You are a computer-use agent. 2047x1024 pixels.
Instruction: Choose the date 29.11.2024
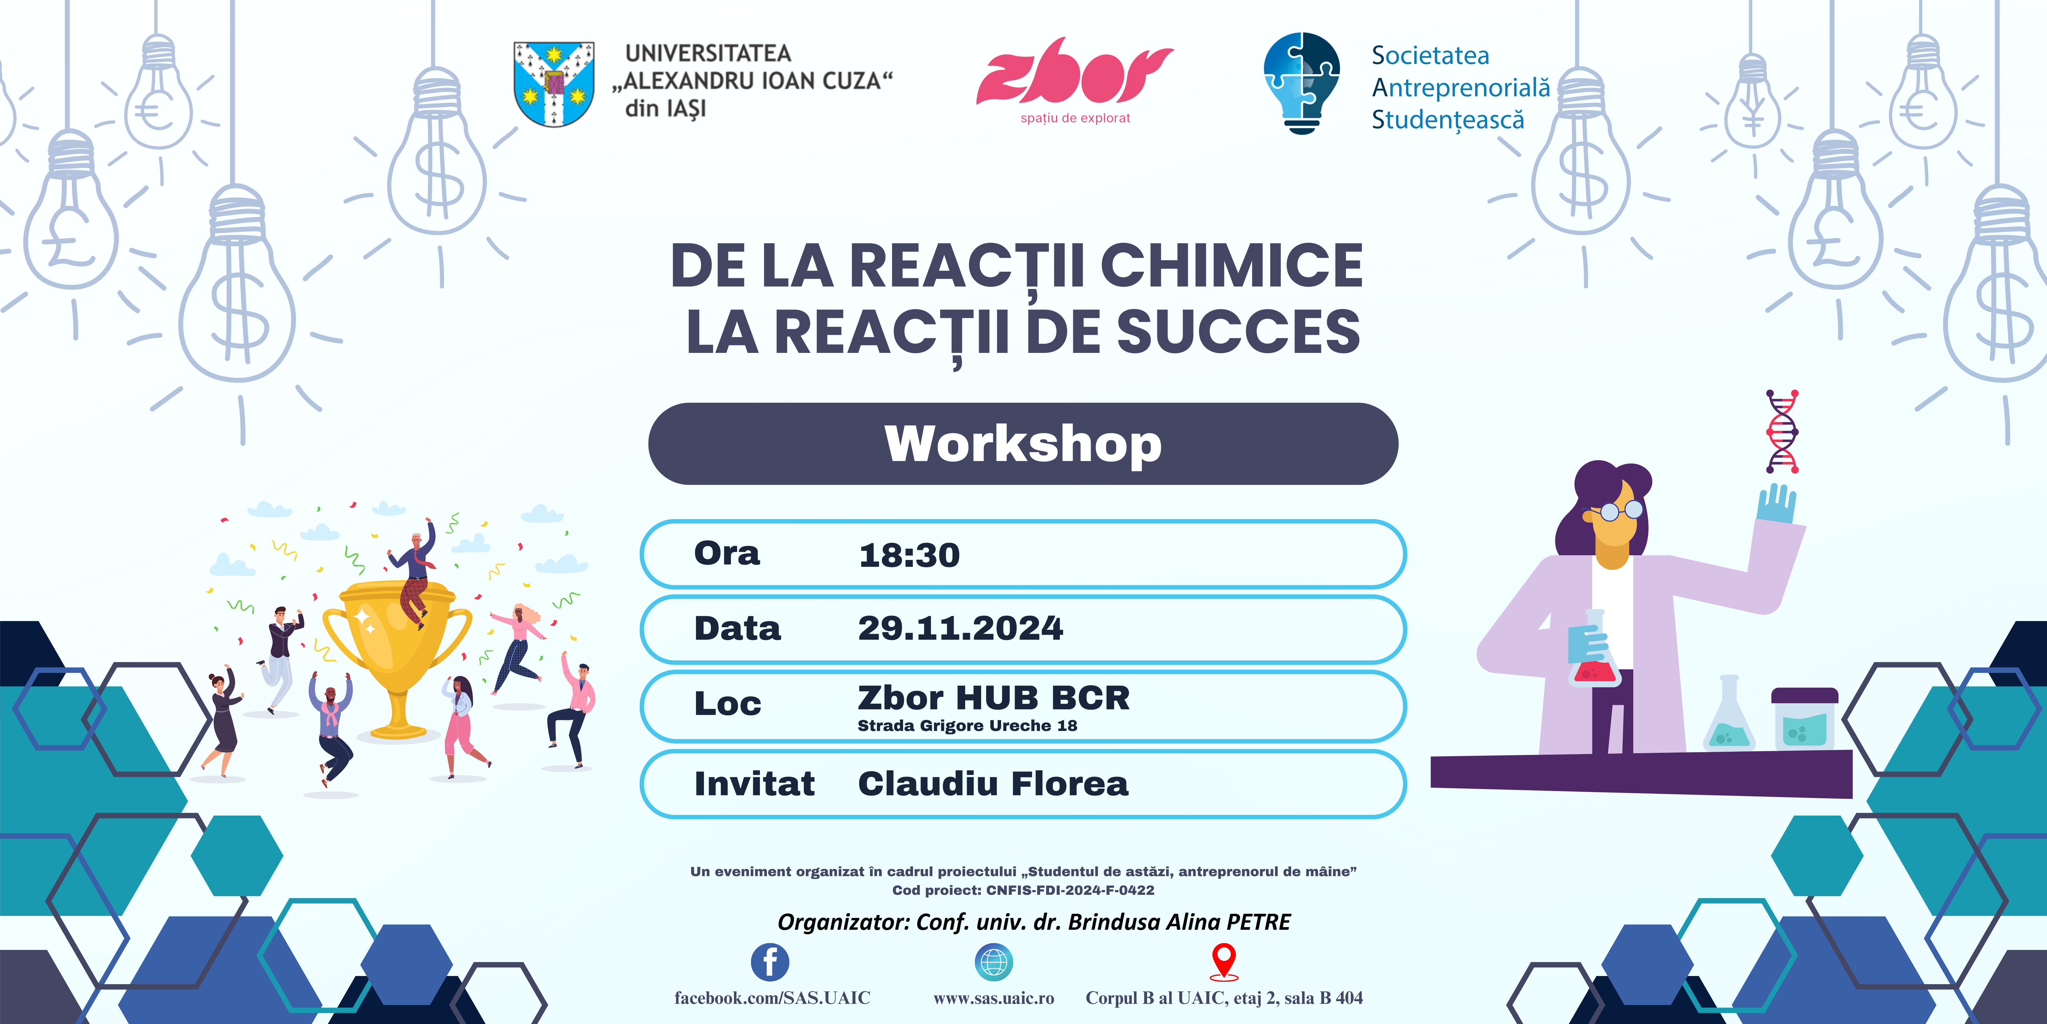coord(960,628)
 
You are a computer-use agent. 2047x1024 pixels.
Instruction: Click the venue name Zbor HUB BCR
coord(993,698)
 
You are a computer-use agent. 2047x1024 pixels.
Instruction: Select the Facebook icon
coord(770,962)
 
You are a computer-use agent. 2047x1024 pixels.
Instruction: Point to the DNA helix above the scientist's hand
coord(1782,432)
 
